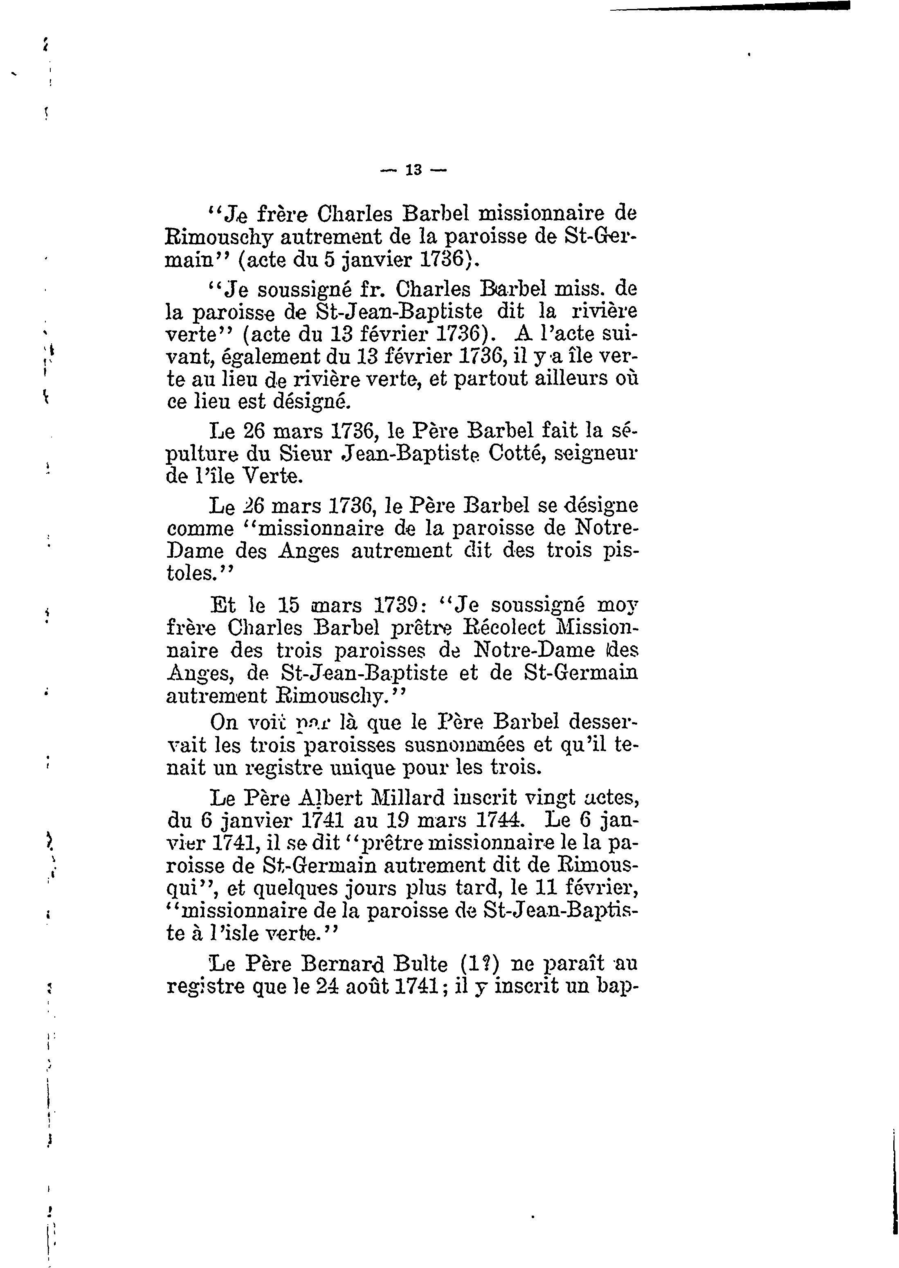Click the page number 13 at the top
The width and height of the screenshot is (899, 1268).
click(x=414, y=170)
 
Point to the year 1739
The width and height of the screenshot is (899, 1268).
click(x=395, y=605)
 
